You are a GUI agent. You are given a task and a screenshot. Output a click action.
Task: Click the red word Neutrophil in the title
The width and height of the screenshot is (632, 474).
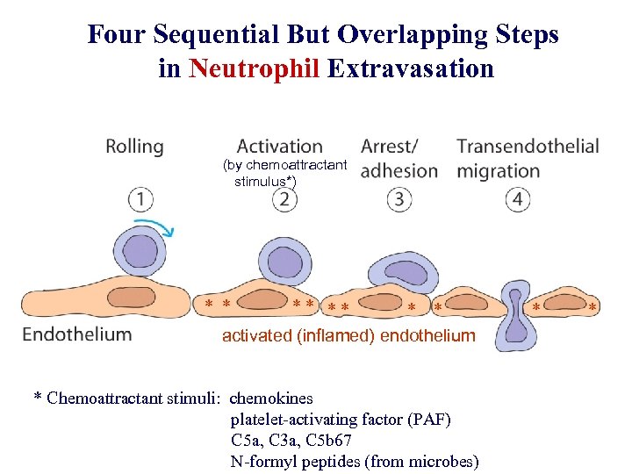coord(254,68)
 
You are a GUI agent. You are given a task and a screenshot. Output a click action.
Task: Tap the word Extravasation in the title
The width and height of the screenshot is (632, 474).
coord(411,68)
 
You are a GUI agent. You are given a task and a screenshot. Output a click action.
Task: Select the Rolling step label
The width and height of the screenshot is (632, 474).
coord(134,147)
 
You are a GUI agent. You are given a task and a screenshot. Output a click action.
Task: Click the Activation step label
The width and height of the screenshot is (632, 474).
coord(279,147)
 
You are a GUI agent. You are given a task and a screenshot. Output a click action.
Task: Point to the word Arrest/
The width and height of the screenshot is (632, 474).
coord(390,147)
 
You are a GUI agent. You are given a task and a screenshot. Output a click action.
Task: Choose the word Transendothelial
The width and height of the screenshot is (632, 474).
coord(528,147)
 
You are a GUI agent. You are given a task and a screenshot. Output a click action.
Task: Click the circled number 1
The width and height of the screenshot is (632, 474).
coord(140,200)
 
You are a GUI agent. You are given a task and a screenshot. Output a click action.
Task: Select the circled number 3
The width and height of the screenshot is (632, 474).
coord(399,200)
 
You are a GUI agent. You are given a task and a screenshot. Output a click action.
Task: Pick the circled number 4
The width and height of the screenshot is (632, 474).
coord(518,200)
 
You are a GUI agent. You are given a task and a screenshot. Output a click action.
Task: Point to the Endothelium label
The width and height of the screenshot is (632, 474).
coord(77,334)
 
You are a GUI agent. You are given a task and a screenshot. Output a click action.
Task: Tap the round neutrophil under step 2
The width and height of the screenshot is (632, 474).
coord(284,262)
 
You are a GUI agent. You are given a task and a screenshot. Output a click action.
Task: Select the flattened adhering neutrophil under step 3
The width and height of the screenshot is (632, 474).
coord(401,273)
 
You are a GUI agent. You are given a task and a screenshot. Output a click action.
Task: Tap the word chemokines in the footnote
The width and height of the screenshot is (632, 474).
coord(270,399)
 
